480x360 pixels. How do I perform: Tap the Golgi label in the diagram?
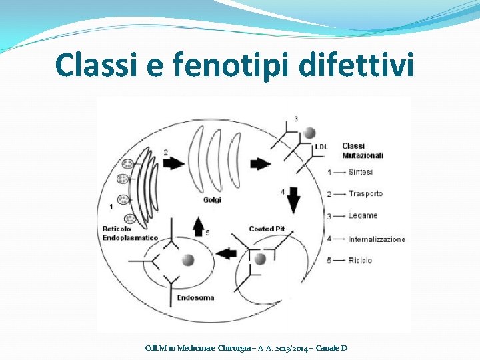[212, 199]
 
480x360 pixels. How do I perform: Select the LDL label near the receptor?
[321, 147]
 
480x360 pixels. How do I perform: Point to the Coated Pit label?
[267, 229]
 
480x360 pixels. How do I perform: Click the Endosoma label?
[195, 297]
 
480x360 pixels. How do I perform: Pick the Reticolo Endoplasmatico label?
[130, 233]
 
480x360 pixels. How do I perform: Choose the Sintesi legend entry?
[361, 172]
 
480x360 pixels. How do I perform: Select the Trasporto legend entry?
[365, 194]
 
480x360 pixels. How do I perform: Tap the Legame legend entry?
[363, 216]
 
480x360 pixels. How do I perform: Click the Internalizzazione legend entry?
[376, 239]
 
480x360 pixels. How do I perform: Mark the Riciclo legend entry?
[360, 260]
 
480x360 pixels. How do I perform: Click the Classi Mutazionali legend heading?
[362, 151]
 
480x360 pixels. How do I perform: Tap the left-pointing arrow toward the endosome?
[227, 253]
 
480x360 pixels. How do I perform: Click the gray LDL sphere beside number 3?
[310, 132]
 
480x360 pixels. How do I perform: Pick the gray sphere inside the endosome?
[187, 260]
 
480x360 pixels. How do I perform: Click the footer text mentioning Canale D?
[247, 348]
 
